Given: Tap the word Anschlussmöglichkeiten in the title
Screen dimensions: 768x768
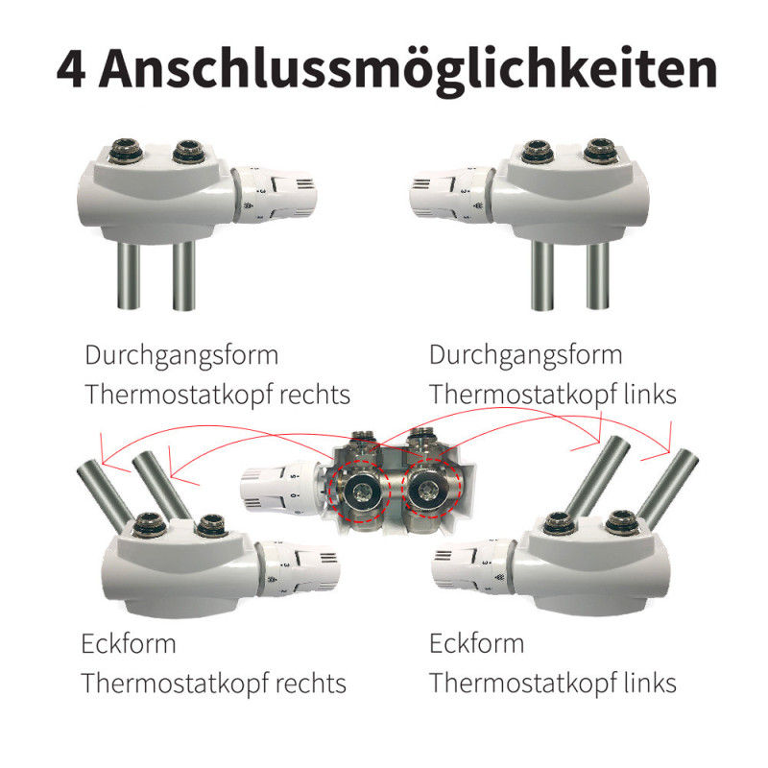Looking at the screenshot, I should (x=408, y=70).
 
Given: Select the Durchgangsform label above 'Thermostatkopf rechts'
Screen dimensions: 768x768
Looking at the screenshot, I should (x=181, y=355).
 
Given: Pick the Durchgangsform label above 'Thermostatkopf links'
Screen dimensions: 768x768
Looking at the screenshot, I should (x=525, y=355).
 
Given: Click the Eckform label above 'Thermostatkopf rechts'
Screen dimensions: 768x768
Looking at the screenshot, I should (x=129, y=643).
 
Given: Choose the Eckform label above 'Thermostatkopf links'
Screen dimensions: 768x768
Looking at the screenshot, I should (x=476, y=643).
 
